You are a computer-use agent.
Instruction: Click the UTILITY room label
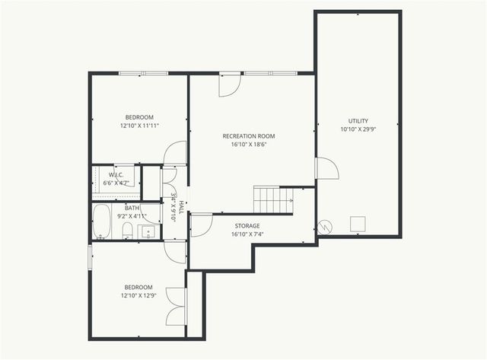[358, 121]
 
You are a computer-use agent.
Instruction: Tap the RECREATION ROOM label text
[248, 136]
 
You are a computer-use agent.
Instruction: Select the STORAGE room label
[247, 226]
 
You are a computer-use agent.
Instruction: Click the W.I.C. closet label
[116, 175]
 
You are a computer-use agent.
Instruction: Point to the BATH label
[132, 208]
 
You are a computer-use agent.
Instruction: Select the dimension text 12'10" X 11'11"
[139, 126]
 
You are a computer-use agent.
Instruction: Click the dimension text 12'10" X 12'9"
[139, 295]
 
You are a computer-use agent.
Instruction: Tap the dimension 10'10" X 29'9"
[358, 129]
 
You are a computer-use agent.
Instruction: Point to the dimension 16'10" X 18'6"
[248, 145]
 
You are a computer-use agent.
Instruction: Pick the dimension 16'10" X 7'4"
[247, 234]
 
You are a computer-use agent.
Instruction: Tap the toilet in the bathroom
[128, 230]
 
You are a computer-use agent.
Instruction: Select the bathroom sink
[149, 231]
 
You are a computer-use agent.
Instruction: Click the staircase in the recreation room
[272, 200]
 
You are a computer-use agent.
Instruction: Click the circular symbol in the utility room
[325, 227]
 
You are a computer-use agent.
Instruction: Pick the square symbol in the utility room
[358, 223]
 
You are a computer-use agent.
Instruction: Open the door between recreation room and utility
[326, 168]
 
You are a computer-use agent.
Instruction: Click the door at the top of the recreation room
[229, 84]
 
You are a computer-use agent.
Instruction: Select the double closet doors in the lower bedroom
[177, 307]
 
